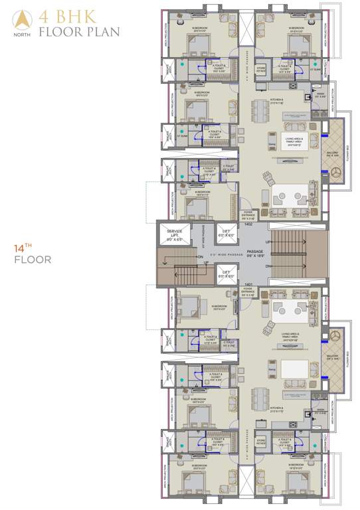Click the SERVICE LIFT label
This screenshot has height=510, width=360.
point(175,233)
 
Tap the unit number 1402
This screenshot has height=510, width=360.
point(248,225)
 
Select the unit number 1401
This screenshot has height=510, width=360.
point(247,284)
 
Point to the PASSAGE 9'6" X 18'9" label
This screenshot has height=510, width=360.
point(255,254)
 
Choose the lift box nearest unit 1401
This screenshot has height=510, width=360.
point(226,273)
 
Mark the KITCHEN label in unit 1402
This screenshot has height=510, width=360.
point(277,103)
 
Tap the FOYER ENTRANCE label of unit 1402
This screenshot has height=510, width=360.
point(248,215)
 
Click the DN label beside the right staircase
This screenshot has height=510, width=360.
point(268,266)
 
